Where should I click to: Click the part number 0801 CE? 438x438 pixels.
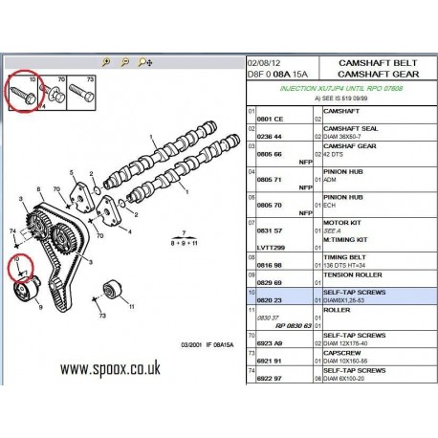[266, 119]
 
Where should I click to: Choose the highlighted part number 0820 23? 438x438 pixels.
[266, 301]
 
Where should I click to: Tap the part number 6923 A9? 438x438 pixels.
[266, 341]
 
